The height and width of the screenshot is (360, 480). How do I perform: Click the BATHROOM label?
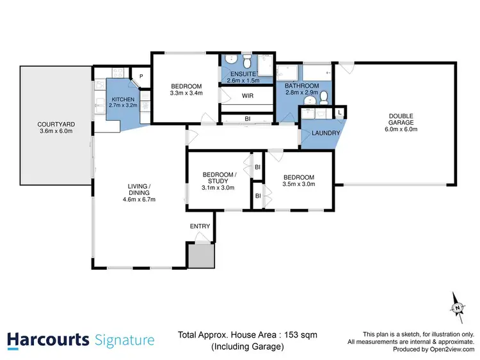tap(302, 86)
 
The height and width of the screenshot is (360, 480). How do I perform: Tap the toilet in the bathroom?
tap(324, 97)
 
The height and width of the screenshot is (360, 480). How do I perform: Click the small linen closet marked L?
tap(339, 113)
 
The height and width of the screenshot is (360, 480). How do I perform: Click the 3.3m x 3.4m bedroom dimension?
tap(186, 93)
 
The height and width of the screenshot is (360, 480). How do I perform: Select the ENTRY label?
tap(200, 227)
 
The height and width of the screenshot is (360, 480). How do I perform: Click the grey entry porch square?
tap(200, 255)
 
